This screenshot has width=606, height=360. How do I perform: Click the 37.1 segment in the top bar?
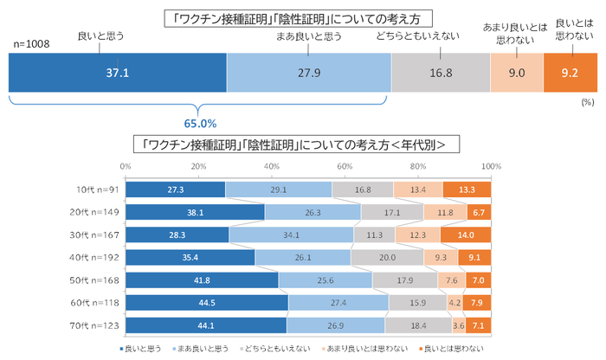117,74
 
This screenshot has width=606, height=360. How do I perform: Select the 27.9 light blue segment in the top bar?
308,74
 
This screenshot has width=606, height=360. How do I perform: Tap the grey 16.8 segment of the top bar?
441,74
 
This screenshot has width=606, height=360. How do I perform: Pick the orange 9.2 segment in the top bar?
570,74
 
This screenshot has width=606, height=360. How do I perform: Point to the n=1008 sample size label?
32,43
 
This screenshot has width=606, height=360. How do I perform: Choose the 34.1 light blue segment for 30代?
291,235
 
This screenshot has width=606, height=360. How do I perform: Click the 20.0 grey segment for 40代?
387,257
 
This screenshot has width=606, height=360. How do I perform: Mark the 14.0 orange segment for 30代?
466,235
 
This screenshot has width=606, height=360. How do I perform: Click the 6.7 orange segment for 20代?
479,212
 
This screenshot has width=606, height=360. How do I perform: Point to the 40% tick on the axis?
272,166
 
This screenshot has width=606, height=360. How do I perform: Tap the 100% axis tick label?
491,166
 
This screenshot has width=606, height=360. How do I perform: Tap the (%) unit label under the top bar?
585,101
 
